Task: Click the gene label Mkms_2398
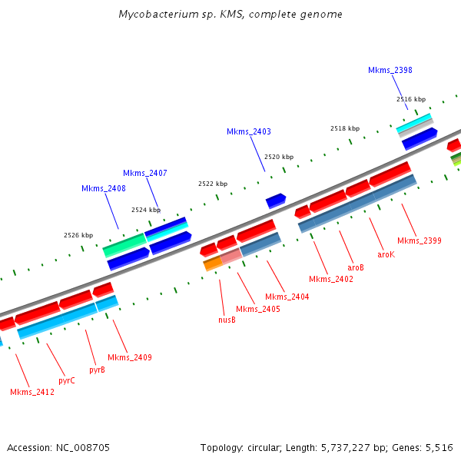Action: tap(390, 70)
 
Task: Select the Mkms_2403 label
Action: tap(248, 131)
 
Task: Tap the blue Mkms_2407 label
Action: tap(144, 173)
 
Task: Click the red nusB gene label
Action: tap(227, 320)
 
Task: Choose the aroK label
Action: tap(386, 254)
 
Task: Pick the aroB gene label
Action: tap(356, 267)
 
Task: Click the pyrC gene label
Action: tap(67, 380)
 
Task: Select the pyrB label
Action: tap(97, 370)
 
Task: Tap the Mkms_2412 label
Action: tap(32, 392)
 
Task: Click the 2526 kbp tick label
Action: tap(78, 235)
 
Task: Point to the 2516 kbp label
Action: tap(410, 99)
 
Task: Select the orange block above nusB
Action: tap(213, 263)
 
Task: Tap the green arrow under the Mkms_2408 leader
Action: tap(124, 245)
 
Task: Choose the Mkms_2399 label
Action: tap(419, 241)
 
